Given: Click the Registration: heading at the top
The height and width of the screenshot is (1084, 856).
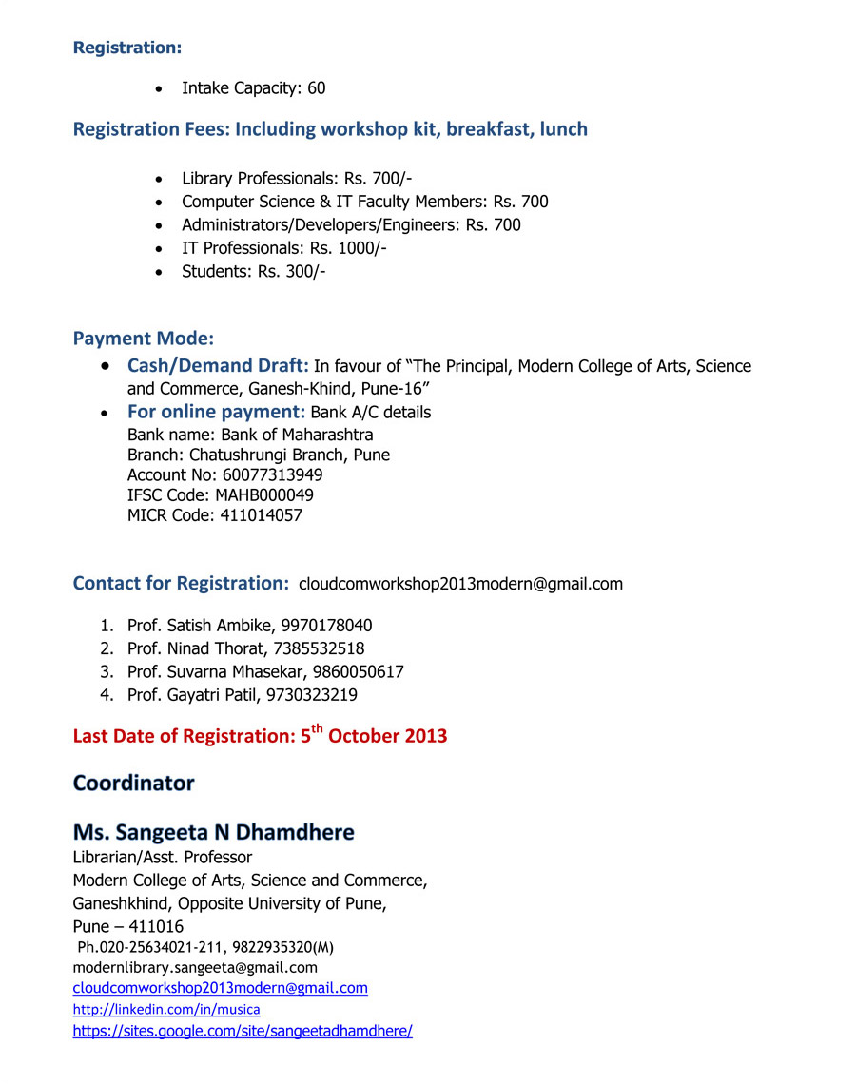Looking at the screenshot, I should (126, 48).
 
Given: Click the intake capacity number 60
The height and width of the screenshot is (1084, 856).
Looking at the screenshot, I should (316, 88).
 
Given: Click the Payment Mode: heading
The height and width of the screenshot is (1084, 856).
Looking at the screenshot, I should (144, 339).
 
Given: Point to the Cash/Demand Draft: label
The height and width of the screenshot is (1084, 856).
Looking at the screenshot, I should (218, 366).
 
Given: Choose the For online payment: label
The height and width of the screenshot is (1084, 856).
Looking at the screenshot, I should (216, 412).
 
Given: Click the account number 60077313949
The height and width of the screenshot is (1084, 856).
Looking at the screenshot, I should (272, 474).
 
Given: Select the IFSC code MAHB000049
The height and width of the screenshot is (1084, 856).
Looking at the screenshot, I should (264, 495).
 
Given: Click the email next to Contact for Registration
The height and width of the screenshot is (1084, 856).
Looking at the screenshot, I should (460, 584).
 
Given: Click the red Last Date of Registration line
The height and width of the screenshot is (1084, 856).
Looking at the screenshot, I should (260, 736).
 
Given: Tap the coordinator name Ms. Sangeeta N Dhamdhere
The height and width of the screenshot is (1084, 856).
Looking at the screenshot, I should (213, 833).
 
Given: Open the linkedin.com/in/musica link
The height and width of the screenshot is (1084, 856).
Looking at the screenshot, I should (166, 1009).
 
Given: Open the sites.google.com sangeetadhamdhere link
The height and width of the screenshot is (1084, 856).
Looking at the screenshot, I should (243, 1031).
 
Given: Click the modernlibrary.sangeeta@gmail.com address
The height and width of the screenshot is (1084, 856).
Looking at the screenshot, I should (195, 967).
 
